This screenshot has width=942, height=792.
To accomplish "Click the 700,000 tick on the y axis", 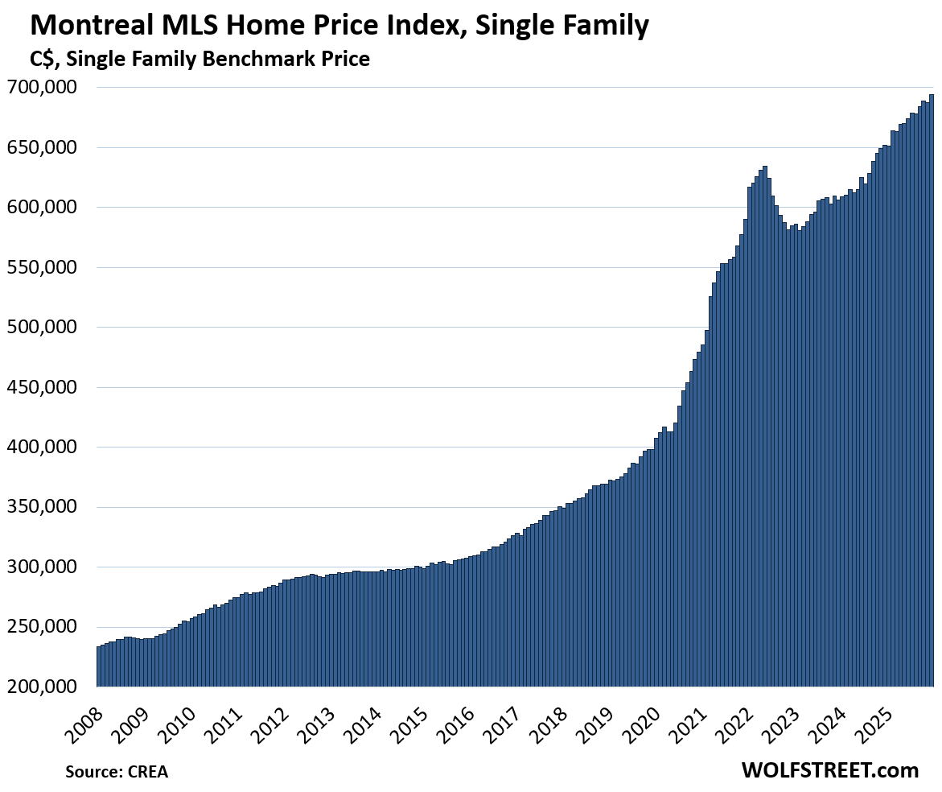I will tap(44, 87).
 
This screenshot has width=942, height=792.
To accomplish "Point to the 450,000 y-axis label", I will tap(44, 387).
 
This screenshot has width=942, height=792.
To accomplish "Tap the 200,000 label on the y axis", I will tap(44, 687).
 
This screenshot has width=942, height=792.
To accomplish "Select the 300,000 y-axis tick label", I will tap(44, 567).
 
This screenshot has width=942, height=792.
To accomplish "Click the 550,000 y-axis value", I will tap(44, 267).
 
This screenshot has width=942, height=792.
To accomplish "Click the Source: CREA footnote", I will tap(117, 771).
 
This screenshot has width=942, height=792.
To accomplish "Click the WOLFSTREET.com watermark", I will tap(829, 770).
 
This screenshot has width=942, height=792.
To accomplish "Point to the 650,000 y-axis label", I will tap(44, 147).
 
